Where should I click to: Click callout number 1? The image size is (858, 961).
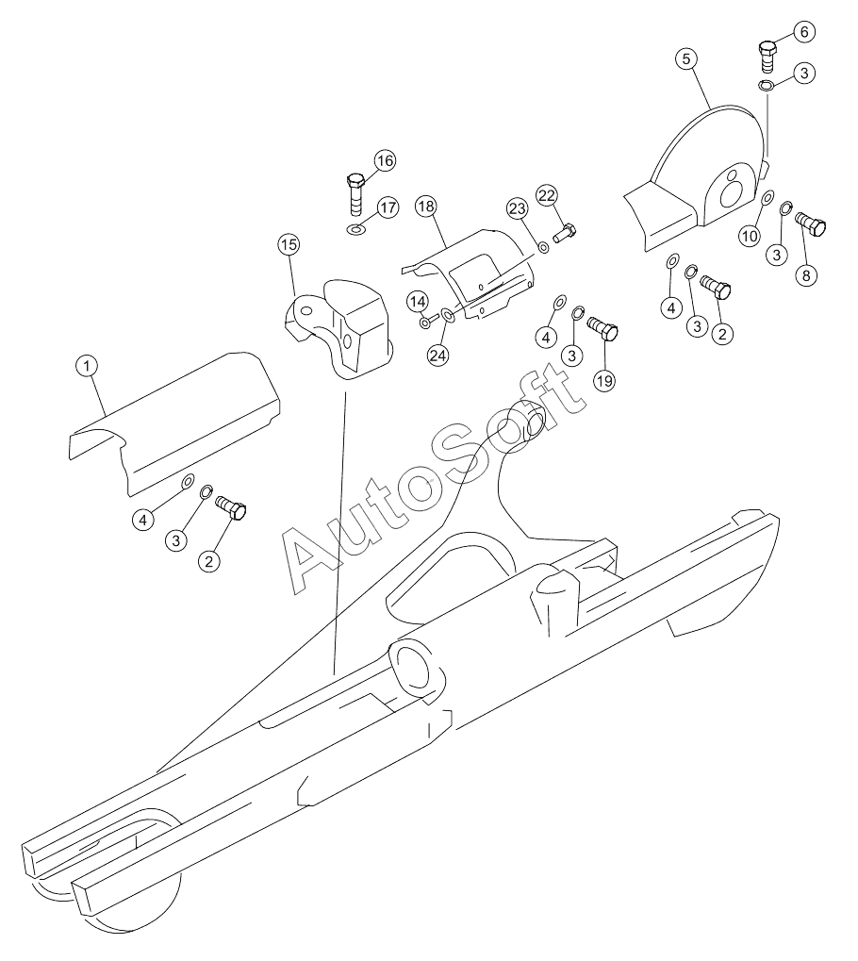tap(87, 367)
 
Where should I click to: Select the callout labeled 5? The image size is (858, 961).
tap(686, 59)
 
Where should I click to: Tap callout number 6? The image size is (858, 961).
tap(804, 32)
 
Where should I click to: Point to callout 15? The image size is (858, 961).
tap(289, 245)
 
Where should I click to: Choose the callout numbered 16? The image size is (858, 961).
tap(385, 161)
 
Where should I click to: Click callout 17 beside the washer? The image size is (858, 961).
tap(388, 207)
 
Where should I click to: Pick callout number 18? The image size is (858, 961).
tap(425, 206)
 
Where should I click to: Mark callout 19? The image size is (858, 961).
tap(604, 381)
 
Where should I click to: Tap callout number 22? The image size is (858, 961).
tap(547, 196)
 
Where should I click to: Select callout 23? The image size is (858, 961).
tap(518, 209)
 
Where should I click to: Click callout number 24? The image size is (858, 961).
tap(438, 355)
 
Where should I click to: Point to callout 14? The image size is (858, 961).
tap(418, 302)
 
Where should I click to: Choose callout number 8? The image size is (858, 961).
tap(806, 275)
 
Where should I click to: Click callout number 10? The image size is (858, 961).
tap(749, 236)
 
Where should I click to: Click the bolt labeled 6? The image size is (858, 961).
tap(767, 57)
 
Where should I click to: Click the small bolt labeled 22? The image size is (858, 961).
tap(565, 233)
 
